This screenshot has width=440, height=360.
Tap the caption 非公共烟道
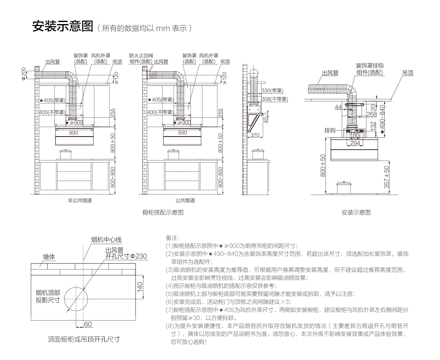coord(80,200)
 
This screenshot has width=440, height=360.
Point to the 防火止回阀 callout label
coord(141,56)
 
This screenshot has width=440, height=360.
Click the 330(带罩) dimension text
coord(272,91)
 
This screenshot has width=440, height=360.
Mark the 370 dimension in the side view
coord(255,135)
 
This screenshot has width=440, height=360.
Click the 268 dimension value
coord(361,114)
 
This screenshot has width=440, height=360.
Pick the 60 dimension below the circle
coord(88,324)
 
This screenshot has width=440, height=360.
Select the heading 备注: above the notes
coord(172,238)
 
